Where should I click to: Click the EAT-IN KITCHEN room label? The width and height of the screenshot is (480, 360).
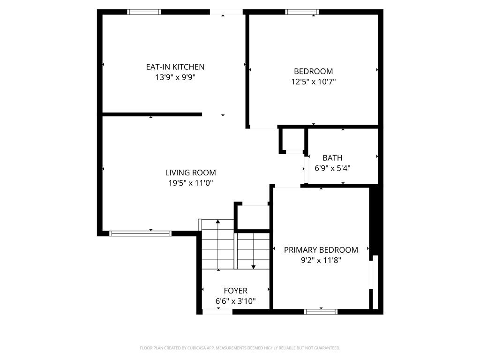[x=175, y=67]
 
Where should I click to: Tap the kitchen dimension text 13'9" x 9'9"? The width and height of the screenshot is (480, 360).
[x=175, y=77]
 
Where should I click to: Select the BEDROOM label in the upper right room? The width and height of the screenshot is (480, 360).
[x=314, y=71]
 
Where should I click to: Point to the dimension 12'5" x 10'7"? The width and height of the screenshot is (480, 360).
[x=314, y=82]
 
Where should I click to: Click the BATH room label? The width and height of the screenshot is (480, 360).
[x=332, y=158]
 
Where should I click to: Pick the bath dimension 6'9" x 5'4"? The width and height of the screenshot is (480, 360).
[x=332, y=168]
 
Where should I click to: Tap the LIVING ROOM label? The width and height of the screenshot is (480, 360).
[x=190, y=172]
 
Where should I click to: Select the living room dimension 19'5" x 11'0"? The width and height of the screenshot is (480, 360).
[x=190, y=183]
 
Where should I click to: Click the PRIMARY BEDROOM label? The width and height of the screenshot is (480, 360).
[x=321, y=250]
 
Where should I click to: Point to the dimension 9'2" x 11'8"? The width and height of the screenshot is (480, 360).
[x=321, y=260]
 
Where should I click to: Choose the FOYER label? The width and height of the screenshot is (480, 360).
[x=235, y=291]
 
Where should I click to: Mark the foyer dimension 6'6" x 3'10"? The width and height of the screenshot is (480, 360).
[x=235, y=301]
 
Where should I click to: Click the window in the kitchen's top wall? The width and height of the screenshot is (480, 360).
[x=144, y=12]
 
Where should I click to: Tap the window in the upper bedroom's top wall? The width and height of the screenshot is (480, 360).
[x=302, y=12]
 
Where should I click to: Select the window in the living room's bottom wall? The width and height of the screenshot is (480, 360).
[x=140, y=233]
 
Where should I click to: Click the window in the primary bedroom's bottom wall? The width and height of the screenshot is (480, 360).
[x=321, y=312]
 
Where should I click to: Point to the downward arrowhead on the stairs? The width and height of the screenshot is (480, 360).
[x=254, y=267]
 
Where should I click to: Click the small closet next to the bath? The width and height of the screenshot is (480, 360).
[x=293, y=139]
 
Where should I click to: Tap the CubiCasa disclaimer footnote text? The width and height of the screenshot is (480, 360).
[x=240, y=348]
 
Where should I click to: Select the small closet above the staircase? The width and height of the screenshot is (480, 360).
[x=253, y=217]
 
